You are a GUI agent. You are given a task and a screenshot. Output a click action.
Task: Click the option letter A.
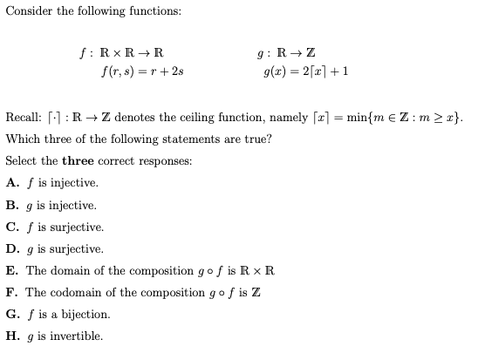pos(10,183)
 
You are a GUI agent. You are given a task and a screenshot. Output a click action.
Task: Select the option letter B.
pos(10,205)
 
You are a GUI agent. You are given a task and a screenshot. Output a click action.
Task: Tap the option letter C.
pos(10,227)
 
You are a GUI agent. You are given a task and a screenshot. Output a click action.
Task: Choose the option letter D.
pos(10,248)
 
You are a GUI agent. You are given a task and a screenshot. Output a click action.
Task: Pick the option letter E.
pos(10,270)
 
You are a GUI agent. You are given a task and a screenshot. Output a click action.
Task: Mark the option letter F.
pos(10,292)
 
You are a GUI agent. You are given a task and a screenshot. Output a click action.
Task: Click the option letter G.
pos(10,314)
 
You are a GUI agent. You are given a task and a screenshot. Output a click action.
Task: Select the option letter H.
pos(10,336)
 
